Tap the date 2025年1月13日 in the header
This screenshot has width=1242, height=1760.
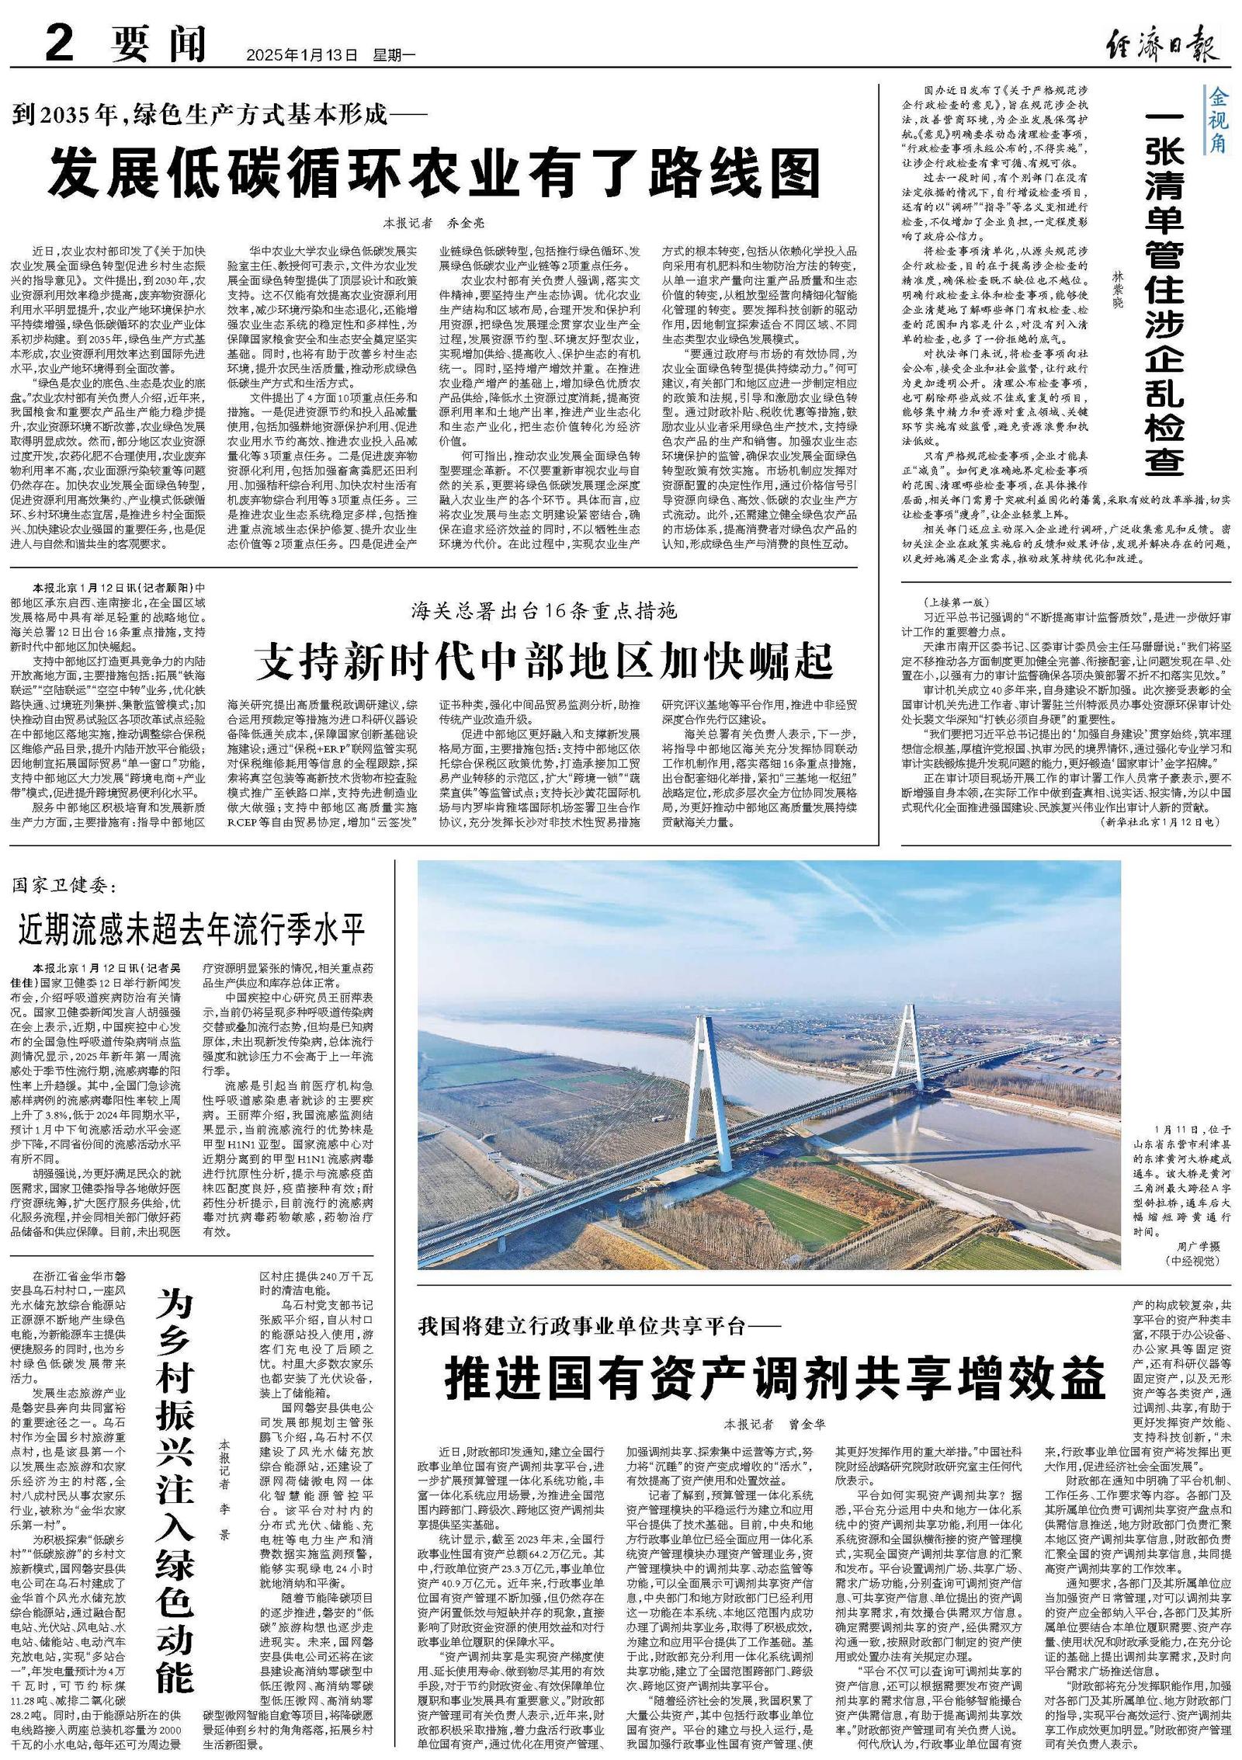(302, 55)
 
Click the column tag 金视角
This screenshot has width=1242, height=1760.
(1218, 120)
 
